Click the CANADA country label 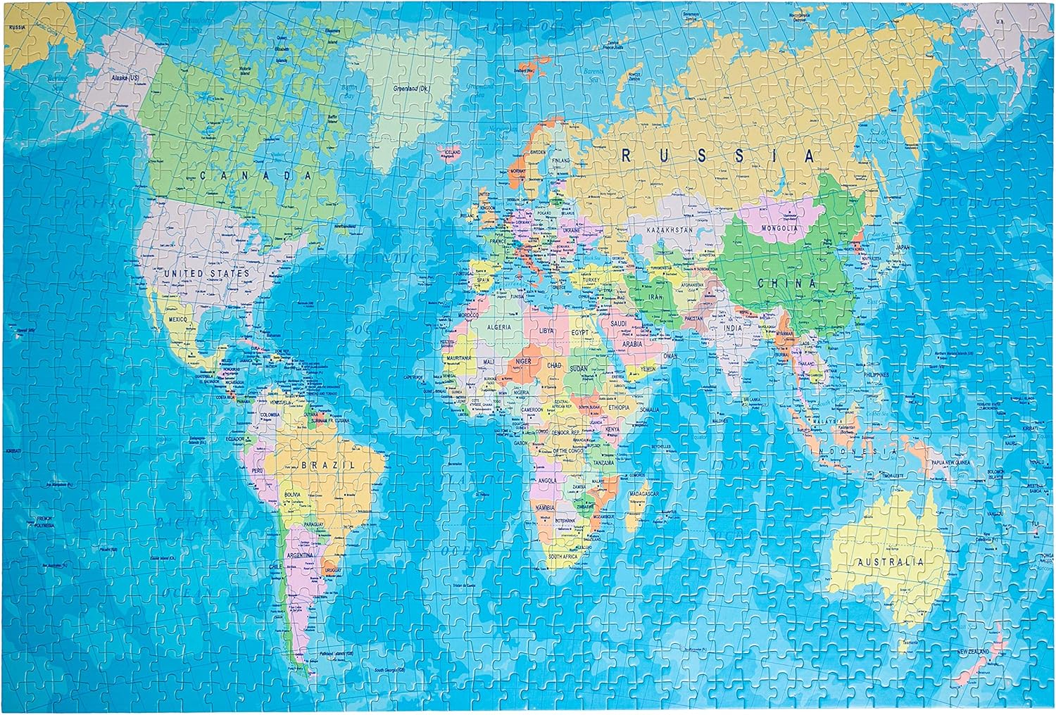[x=256, y=175]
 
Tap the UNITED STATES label [x=206, y=272]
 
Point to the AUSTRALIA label [x=890, y=562]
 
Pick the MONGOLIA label [x=779, y=229]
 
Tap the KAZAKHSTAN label [x=669, y=229]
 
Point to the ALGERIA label [x=499, y=328]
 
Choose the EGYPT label [x=579, y=331]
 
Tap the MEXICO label [x=179, y=319]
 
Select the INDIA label [x=734, y=328]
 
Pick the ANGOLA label [x=547, y=480]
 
